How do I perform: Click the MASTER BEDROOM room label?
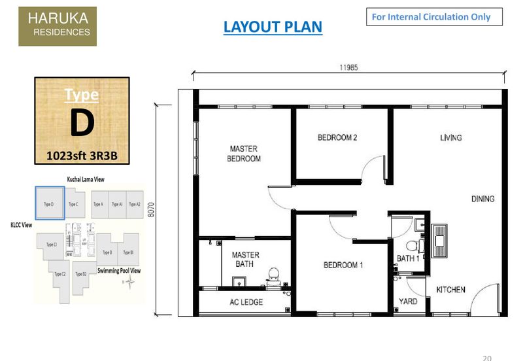245,154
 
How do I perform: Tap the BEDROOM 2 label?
337,137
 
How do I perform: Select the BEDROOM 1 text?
343,265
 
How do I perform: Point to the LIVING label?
450,137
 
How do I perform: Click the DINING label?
482,199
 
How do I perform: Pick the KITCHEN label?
450,289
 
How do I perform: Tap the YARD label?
408,301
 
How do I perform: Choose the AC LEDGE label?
246,302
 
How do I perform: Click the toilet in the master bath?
273,275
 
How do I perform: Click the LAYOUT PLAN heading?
273,27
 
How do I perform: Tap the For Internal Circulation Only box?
434,17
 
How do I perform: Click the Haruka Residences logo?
58,26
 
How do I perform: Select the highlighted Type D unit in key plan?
49,203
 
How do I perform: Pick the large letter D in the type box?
82,124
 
